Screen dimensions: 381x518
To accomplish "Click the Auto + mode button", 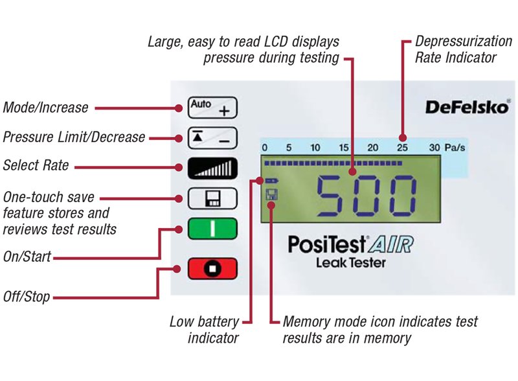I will pyautogui.click(x=212, y=108).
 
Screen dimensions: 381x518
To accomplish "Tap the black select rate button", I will pyautogui.click(x=212, y=167).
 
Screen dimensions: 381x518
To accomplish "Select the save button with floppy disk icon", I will pyautogui.click(x=212, y=198).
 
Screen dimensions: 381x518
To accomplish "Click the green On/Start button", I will pyautogui.click(x=212, y=229).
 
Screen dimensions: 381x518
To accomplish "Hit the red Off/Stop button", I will pyautogui.click(x=212, y=268).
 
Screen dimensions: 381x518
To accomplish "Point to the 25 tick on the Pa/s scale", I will pyautogui.click(x=402, y=148).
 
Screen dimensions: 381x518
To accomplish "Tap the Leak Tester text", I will pyautogui.click(x=350, y=262).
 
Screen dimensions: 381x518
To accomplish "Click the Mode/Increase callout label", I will pyautogui.click(x=45, y=108).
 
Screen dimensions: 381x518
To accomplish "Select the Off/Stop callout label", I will pyautogui.click(x=26, y=297).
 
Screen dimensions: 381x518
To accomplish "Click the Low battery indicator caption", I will pyautogui.click(x=204, y=329).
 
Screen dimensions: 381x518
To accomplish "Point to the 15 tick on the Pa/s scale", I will pyautogui.click(x=344, y=148).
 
